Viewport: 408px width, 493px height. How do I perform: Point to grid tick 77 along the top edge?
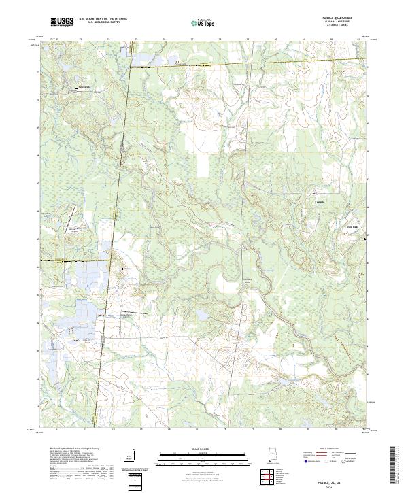pos(192,39)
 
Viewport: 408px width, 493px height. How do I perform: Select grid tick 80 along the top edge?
pos(275,39)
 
